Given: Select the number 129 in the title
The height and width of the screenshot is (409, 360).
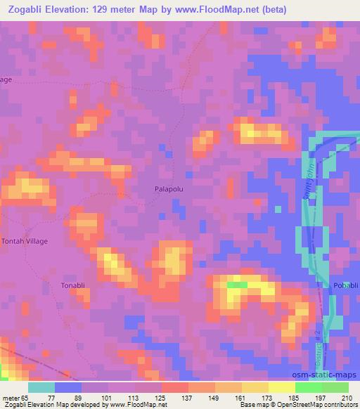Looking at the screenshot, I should click(x=136, y=8).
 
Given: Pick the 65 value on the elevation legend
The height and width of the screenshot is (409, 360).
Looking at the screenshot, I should click(x=26, y=396).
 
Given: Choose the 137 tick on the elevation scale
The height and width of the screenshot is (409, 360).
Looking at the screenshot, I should click(x=188, y=396).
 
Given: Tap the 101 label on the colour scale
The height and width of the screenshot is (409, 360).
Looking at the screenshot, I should click(x=108, y=396).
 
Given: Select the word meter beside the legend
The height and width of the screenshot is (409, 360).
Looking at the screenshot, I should click(x=11, y=396).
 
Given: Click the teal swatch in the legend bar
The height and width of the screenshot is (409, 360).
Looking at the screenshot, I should click(x=41, y=387).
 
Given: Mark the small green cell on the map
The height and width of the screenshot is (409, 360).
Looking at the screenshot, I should click(x=236, y=285).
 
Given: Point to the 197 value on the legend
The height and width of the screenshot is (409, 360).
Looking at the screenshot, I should click(x=322, y=396).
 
